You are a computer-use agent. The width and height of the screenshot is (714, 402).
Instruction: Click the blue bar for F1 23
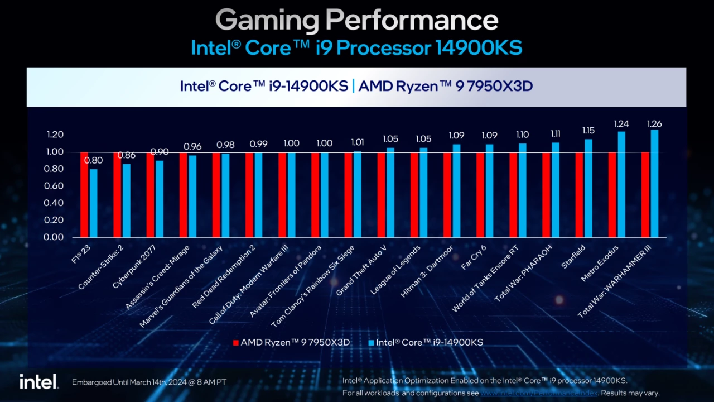[x=93, y=203]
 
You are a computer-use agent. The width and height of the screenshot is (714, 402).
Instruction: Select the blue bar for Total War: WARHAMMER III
[x=655, y=184]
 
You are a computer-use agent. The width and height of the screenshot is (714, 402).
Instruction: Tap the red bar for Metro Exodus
[x=612, y=195]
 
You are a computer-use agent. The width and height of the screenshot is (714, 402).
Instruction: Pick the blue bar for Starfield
[x=588, y=188]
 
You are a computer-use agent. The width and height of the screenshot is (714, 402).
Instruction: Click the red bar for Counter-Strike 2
[x=117, y=195]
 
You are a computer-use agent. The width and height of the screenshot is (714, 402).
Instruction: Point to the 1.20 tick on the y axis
[x=55, y=135]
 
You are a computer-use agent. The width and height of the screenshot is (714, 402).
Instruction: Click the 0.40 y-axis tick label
[x=55, y=203]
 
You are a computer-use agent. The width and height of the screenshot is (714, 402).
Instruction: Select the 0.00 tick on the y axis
[x=55, y=237]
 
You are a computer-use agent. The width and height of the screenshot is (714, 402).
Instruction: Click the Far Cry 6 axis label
[x=474, y=257]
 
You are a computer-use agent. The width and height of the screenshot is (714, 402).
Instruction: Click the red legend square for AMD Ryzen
[x=236, y=342]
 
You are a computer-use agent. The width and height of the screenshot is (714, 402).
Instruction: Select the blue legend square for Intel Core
[x=372, y=342]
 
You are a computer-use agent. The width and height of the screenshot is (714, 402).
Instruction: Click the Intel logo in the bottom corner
[x=38, y=382]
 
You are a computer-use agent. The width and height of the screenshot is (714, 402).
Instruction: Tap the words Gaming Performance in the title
[x=356, y=21]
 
